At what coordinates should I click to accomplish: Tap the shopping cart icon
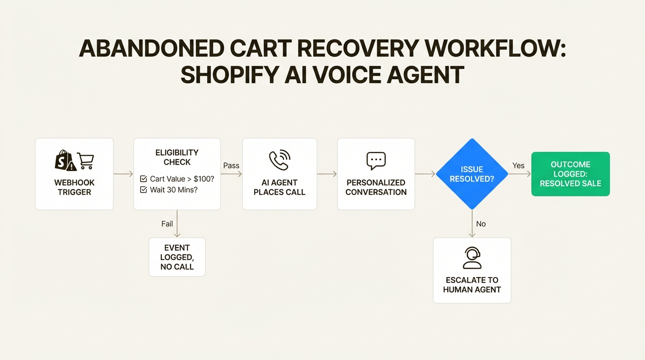[85, 161]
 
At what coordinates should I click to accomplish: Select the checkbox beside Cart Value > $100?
[143, 179]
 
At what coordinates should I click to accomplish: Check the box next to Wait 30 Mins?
[143, 190]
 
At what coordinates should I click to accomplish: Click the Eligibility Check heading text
[177, 157]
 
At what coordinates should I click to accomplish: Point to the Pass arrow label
[231, 165]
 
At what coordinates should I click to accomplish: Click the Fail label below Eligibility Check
[167, 224]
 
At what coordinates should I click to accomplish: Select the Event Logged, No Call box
[177, 257]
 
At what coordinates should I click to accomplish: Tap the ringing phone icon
[279, 160]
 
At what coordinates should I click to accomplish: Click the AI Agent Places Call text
[279, 187]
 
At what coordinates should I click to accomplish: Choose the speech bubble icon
[376, 161]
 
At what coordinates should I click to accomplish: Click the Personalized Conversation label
[376, 187]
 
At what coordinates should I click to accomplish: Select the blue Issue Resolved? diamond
[472, 174]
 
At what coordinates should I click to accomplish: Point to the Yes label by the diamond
[518, 165]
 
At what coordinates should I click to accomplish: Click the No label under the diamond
[481, 224]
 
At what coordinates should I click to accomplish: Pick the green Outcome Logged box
[570, 174]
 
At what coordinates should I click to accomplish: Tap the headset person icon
[472, 258]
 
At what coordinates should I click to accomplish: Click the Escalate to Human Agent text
[472, 285]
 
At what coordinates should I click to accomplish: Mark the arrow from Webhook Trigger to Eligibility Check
[123, 174]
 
